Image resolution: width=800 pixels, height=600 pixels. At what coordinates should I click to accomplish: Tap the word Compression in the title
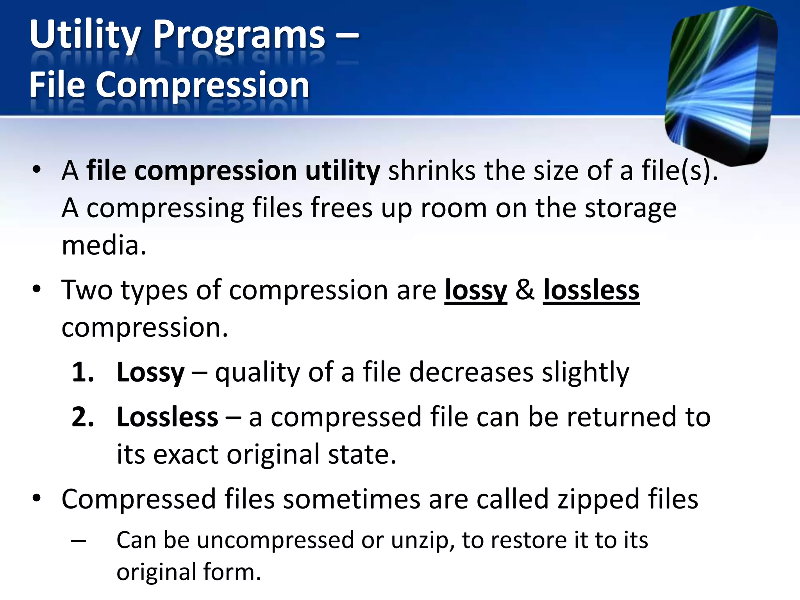click(x=202, y=85)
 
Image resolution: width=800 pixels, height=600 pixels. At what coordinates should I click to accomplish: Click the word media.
click(x=104, y=246)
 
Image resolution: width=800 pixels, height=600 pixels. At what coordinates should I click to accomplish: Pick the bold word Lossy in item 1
click(x=150, y=373)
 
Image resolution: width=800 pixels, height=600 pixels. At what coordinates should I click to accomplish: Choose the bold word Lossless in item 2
click(x=167, y=417)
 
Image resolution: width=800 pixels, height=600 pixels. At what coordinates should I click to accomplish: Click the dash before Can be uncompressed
click(x=79, y=541)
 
